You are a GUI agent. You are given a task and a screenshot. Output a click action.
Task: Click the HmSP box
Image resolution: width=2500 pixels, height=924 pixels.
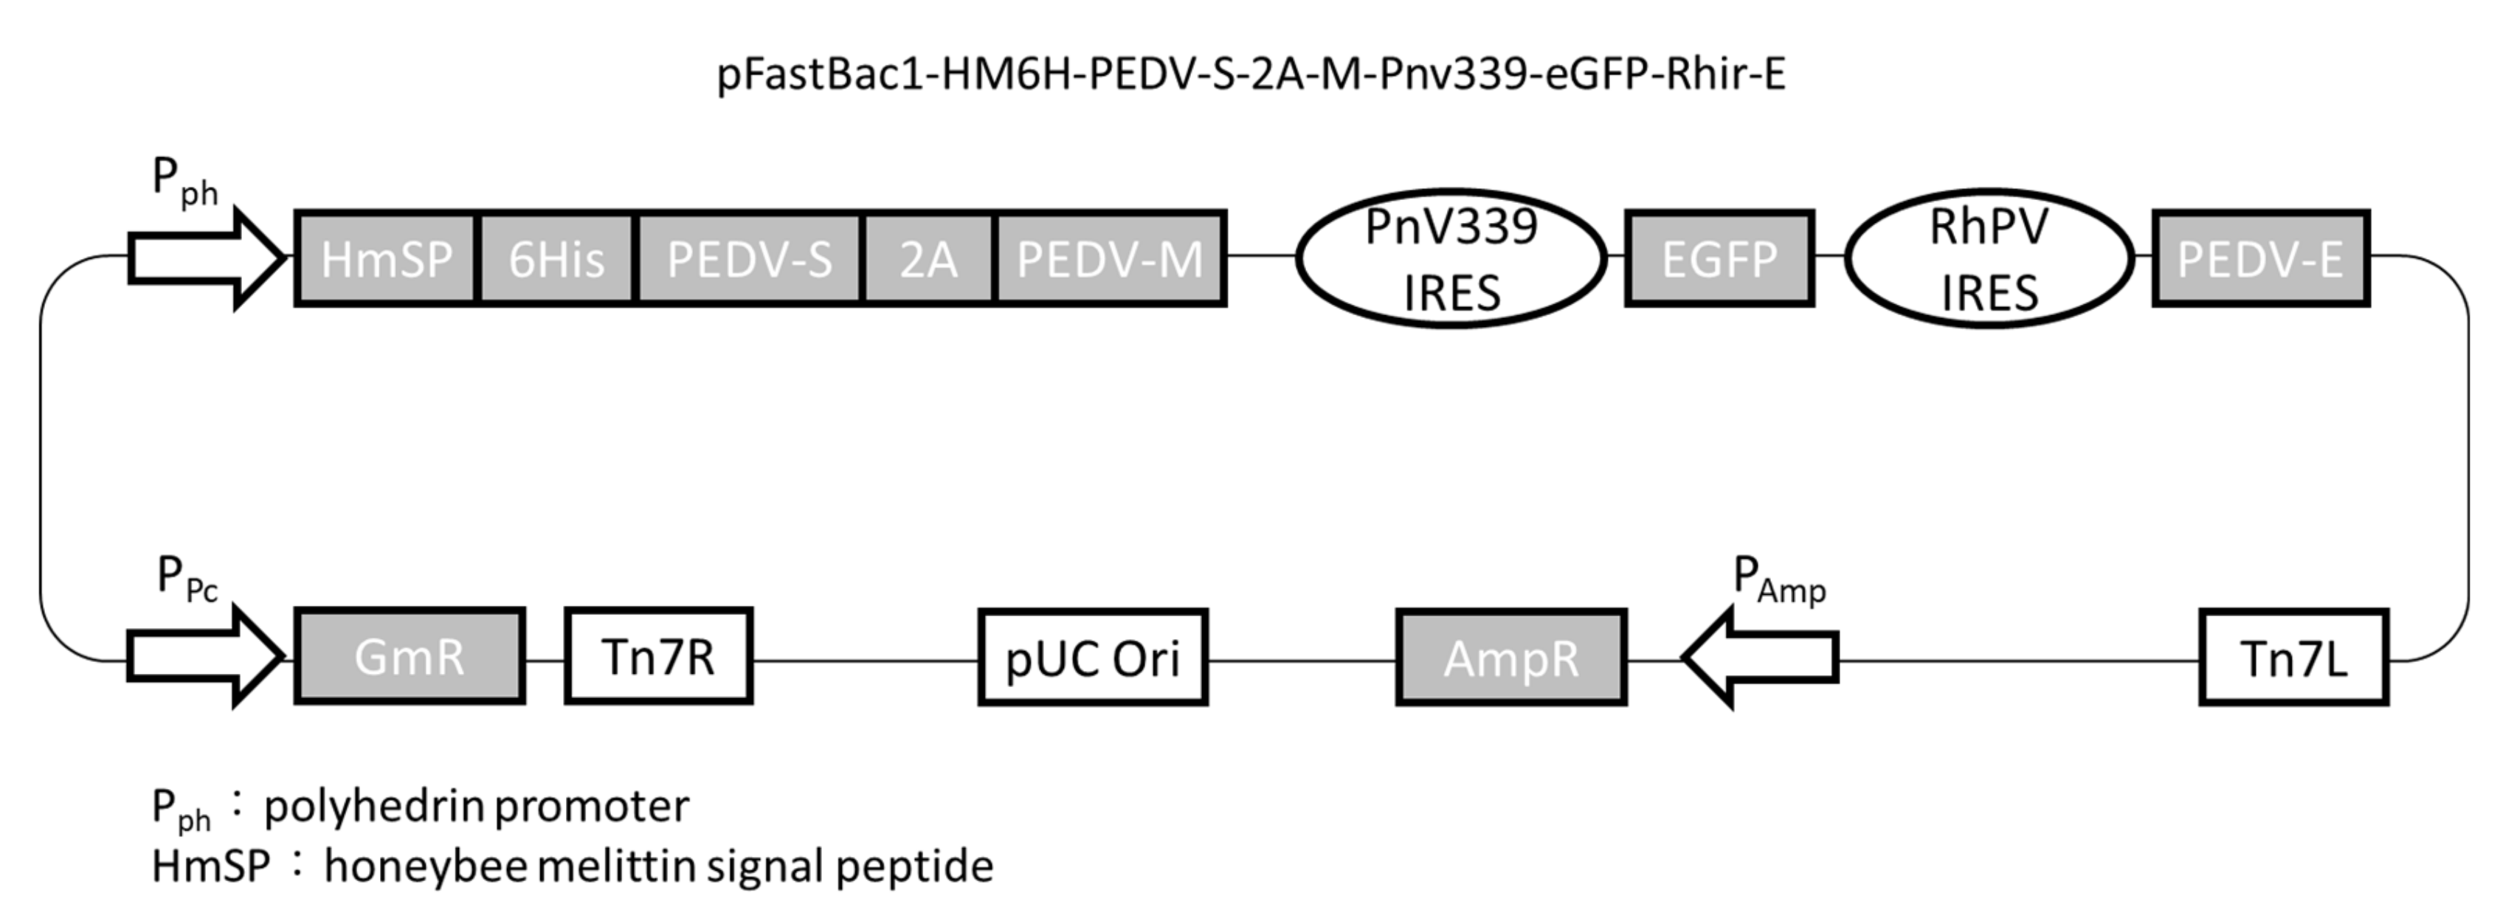[x=385, y=259]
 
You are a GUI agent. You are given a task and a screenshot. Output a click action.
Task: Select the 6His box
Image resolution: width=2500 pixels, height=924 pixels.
[x=556, y=259]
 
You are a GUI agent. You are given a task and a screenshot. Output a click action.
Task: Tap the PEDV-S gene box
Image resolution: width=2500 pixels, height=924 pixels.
[x=748, y=259]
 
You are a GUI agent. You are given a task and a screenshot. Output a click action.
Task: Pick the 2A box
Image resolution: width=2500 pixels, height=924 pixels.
[x=928, y=259]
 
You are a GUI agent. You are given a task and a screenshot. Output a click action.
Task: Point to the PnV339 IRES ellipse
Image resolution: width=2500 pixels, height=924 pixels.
[x=1451, y=258]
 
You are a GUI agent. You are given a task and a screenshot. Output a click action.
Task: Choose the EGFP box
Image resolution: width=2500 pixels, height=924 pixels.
[x=1719, y=259]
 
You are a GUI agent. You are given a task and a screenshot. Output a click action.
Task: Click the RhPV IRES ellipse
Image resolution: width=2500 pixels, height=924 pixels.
[x=1989, y=258]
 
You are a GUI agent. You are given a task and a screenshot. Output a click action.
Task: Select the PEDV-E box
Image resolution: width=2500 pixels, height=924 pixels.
[x=2260, y=259]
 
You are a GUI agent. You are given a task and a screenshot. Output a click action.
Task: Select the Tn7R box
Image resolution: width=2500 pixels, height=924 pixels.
[x=658, y=657]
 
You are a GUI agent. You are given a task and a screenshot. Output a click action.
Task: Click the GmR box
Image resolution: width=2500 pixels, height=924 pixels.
[x=410, y=657]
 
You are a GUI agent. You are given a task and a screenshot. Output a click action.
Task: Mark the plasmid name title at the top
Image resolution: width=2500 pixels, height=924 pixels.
[x=1250, y=75]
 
